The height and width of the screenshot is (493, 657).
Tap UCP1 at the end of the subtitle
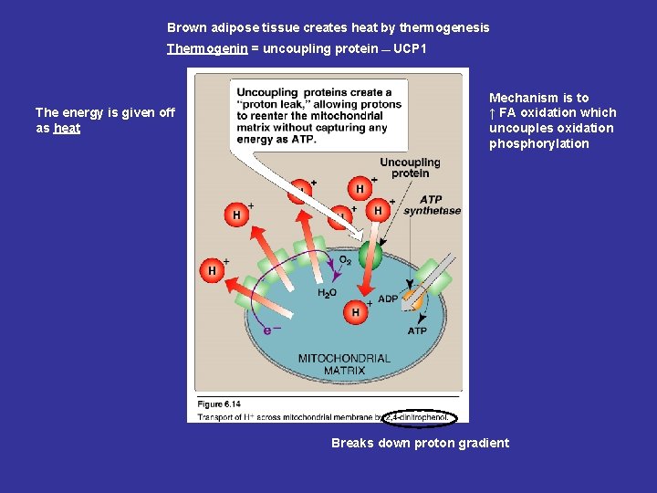tap(410, 48)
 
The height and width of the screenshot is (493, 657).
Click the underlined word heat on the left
tap(67, 129)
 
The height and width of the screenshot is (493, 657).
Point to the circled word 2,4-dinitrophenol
tap(418, 417)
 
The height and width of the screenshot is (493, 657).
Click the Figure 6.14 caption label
tap(219, 404)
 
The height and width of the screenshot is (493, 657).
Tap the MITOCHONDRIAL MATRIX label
tap(344, 364)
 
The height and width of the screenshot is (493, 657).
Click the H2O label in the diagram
tap(327, 293)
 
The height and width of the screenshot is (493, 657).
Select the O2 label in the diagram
tap(345, 260)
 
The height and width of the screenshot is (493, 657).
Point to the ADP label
tap(388, 299)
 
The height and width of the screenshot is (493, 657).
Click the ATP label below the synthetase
tap(417, 331)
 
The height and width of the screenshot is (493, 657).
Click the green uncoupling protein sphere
tap(370, 255)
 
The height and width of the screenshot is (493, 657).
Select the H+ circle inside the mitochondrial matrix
tap(356, 313)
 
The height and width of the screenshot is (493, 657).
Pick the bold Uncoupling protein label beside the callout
tap(410, 168)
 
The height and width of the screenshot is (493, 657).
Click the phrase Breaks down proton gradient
tap(420, 444)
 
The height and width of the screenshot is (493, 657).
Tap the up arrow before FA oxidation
tap(493, 113)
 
